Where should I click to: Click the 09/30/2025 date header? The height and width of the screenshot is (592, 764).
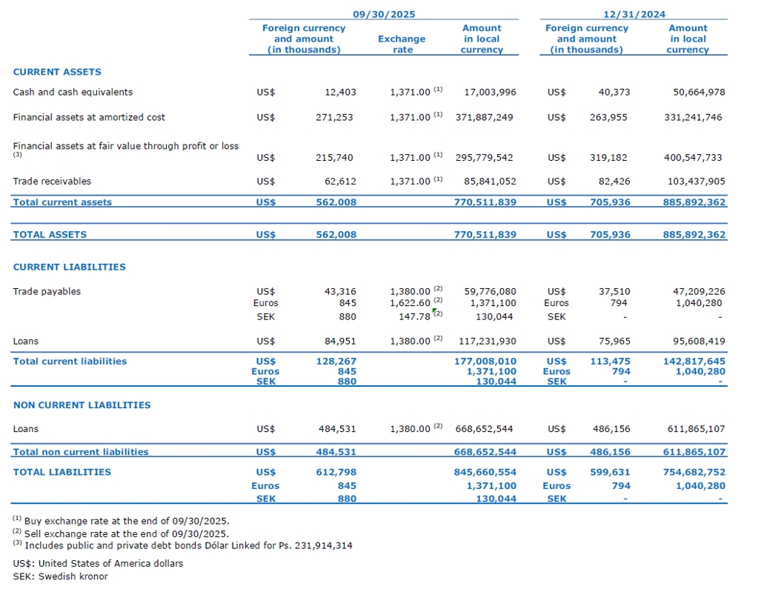tap(383, 14)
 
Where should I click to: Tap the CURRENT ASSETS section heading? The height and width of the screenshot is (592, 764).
tap(57, 72)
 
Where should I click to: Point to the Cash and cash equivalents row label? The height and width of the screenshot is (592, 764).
tap(73, 92)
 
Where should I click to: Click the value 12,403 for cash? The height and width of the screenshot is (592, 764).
tap(340, 92)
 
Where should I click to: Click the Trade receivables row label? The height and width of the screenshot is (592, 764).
tap(52, 181)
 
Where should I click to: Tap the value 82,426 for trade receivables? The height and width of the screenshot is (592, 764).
tap(614, 181)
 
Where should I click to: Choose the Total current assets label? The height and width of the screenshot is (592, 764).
tap(62, 202)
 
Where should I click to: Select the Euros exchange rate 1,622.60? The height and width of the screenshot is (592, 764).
tap(410, 302)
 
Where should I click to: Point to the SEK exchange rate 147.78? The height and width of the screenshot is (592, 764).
tap(414, 316)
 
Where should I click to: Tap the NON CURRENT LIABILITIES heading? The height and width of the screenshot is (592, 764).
tap(82, 405)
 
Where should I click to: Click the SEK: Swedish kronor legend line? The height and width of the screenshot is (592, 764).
tap(60, 576)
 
